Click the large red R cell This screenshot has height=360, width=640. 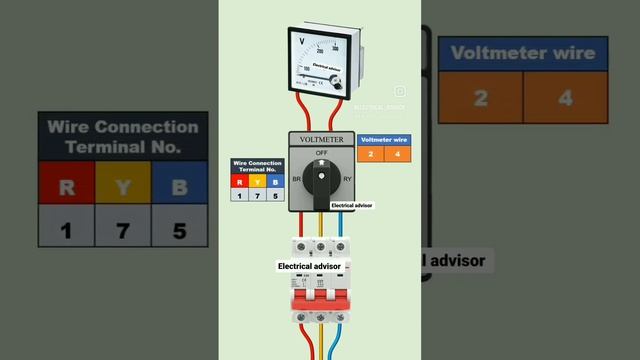coord(66,187)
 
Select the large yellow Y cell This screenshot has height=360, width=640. coord(123,187)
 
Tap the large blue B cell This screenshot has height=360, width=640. coord(180,187)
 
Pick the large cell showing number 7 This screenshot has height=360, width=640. coord(123,231)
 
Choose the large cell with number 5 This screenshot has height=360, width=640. coord(180,231)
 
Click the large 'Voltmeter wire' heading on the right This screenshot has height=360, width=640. coord(523,53)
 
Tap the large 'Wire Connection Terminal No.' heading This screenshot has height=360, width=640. coord(123,136)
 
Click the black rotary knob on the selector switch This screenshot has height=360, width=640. coord(321,181)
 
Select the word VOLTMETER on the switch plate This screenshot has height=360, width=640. coord(321,140)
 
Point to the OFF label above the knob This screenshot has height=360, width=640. coord(321,153)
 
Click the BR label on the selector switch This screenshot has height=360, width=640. coord(296,180)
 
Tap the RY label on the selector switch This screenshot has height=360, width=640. coord(346,180)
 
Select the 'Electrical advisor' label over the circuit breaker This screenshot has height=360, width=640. coord(310,267)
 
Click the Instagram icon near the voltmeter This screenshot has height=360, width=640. coord(399,91)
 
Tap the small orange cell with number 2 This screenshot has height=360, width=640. coord(370,154)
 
